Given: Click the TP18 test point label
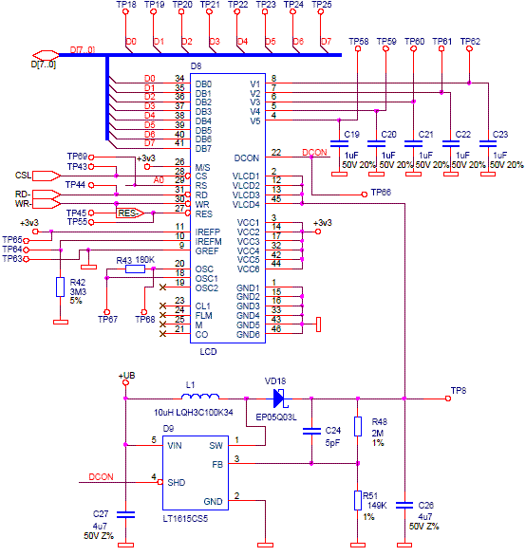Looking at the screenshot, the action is (x=126, y=5).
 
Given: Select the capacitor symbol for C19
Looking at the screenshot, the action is (x=339, y=143).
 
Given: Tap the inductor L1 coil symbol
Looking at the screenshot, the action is (x=200, y=396).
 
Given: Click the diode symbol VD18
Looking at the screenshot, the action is (x=279, y=398).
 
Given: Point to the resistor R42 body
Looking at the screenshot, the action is (x=61, y=287).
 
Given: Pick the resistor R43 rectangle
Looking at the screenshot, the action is (x=135, y=269).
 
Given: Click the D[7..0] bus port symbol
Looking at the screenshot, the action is (x=46, y=55).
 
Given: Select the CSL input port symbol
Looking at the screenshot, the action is (x=47, y=176).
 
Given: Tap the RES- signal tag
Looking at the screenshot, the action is (x=130, y=213).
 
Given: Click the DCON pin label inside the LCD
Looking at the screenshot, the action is (x=246, y=158).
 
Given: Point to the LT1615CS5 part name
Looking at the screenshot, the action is (x=185, y=519).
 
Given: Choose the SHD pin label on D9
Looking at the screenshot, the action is (x=177, y=483).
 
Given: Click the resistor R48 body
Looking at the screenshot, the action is (x=358, y=426).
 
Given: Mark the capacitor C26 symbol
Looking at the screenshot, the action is (x=404, y=506).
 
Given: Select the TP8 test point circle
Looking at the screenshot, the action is (x=448, y=398).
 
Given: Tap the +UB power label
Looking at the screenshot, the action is (x=126, y=376).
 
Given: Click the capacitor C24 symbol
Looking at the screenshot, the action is (x=311, y=431).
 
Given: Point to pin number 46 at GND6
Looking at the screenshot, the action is (x=276, y=329).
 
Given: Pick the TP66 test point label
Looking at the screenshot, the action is (x=381, y=193).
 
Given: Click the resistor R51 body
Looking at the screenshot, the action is (x=358, y=500).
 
